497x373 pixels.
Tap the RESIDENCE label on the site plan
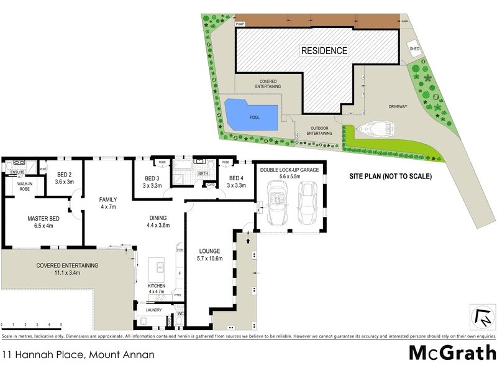point(324,50)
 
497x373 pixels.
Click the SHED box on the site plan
point(413,49)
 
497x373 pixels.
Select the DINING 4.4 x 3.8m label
point(159,221)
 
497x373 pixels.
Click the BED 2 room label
point(65,178)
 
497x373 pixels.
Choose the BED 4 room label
point(237,182)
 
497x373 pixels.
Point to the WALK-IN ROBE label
point(25,187)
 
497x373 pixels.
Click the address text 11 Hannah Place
point(77,355)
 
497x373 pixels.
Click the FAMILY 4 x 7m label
point(108,203)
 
